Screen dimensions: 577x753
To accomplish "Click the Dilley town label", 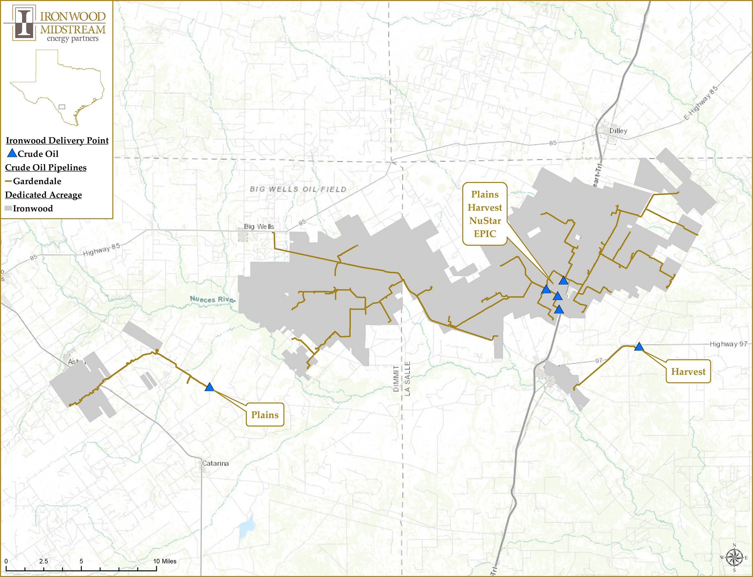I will coord(618,131).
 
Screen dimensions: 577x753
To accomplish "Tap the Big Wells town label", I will coord(259,227).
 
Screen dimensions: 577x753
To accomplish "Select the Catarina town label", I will coord(215,463).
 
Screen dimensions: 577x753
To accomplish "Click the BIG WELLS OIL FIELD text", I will coord(298,189).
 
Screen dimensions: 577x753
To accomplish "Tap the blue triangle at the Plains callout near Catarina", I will coord(209,387).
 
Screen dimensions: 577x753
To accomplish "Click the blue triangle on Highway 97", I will coord(639,347).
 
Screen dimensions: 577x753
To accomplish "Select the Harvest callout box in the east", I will coord(688,372).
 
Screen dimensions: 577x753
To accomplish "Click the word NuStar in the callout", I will coord(485,220).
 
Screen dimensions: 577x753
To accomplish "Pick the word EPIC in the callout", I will coord(485,234).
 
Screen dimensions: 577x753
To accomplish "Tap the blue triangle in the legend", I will coord(12,153).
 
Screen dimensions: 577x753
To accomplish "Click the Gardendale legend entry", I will coord(37,181).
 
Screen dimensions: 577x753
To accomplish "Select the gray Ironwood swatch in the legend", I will coord(8,208).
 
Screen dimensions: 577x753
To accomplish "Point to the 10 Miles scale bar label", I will coord(165,561).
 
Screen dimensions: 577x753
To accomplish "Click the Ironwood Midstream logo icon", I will coord(24,23).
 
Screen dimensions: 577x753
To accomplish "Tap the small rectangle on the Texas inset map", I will coord(62,107).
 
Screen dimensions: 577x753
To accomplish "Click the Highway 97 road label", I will coord(728,344).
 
